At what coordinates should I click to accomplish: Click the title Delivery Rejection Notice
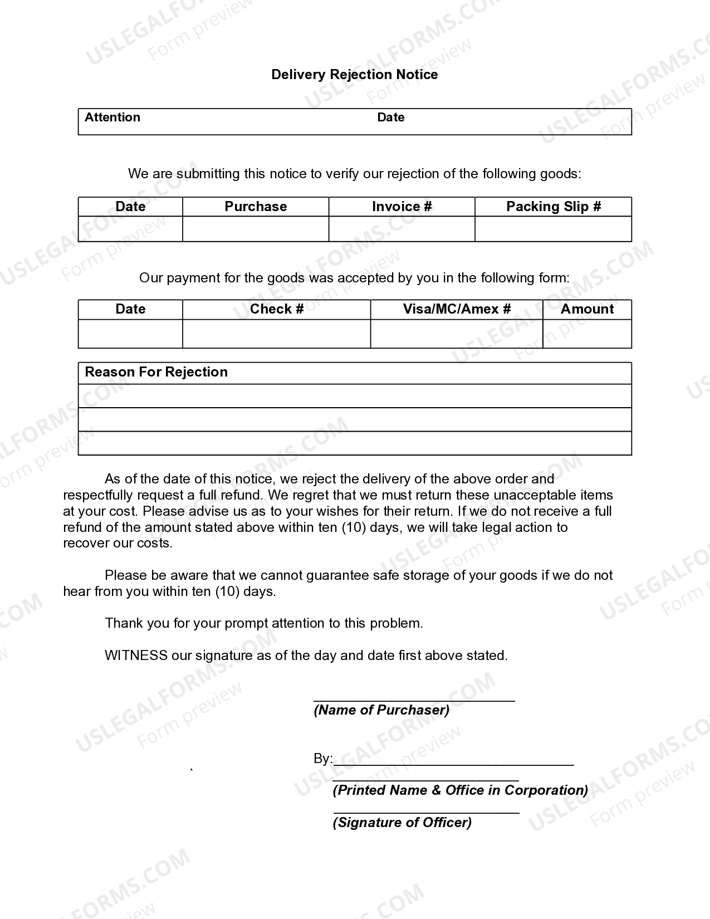tap(354, 75)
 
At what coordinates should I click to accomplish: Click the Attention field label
tap(112, 118)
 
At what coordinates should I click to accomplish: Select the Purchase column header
tap(256, 207)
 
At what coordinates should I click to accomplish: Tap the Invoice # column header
tap(401, 207)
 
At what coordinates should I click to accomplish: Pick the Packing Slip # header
tap(553, 207)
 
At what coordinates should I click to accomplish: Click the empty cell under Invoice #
tap(401, 229)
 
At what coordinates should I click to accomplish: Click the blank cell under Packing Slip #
tap(553, 229)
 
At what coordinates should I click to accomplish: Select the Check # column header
tap(276, 309)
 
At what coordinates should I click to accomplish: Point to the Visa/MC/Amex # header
tap(457, 309)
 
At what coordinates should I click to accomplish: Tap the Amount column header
tap(587, 309)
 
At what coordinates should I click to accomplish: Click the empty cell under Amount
tap(587, 334)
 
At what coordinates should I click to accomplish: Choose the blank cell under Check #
tap(276, 334)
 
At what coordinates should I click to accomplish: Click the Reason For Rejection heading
tap(156, 372)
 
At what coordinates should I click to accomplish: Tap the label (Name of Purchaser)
tap(381, 710)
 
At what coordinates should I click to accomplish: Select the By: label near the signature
tap(322, 759)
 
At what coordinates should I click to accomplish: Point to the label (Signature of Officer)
tap(402, 823)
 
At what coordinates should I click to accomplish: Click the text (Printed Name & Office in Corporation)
tap(460, 790)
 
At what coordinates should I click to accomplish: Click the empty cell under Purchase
tap(256, 229)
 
